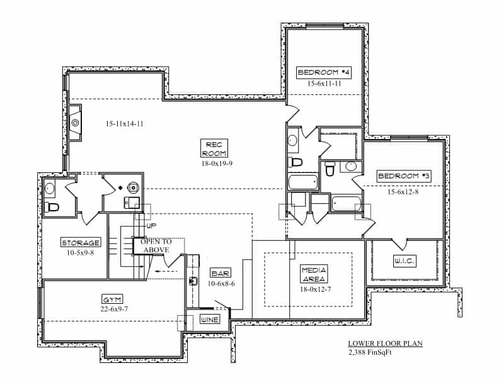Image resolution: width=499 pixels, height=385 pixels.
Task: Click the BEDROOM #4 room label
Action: pos(324,73)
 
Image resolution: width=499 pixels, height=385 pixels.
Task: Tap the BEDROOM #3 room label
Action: pos(404,176)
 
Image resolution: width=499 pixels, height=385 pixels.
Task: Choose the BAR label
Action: pos(221,274)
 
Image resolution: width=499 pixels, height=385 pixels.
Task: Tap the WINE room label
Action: pos(209,320)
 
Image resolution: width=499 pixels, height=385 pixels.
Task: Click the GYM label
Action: pos(112,299)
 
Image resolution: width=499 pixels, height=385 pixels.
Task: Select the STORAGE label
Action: pos(81,243)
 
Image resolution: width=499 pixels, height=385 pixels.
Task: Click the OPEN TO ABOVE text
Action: pos(155,245)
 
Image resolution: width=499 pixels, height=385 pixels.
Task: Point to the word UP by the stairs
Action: pos(151,225)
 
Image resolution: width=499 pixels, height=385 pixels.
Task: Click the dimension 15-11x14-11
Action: pos(124,124)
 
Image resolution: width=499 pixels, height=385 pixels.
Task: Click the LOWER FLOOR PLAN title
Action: pos(385,343)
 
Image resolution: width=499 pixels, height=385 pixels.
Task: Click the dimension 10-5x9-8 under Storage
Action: pos(81,253)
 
